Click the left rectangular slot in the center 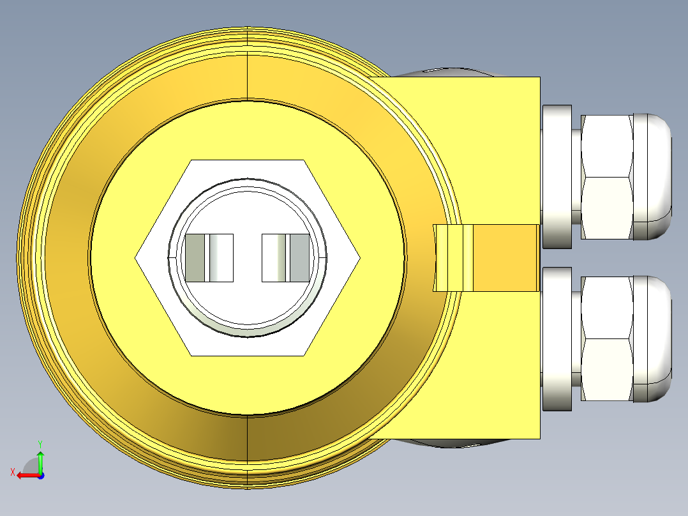pyautogui.click(x=209, y=258)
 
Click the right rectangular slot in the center pyautogui.click(x=286, y=258)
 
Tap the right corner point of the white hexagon pyautogui.click(x=359, y=258)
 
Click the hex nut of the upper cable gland pyautogui.click(x=606, y=177)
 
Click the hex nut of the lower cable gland pyautogui.click(x=606, y=338)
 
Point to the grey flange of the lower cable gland pyautogui.click(x=557, y=338)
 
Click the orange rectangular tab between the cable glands pyautogui.click(x=505, y=258)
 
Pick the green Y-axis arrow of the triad pyautogui.click(x=40, y=460)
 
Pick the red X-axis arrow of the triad pyautogui.click(x=27, y=475)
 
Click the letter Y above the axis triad pyautogui.click(x=40, y=443)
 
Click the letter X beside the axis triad pyautogui.click(x=12, y=472)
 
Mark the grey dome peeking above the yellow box pyautogui.click(x=447, y=72)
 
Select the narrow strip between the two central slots pyautogui.click(x=248, y=258)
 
